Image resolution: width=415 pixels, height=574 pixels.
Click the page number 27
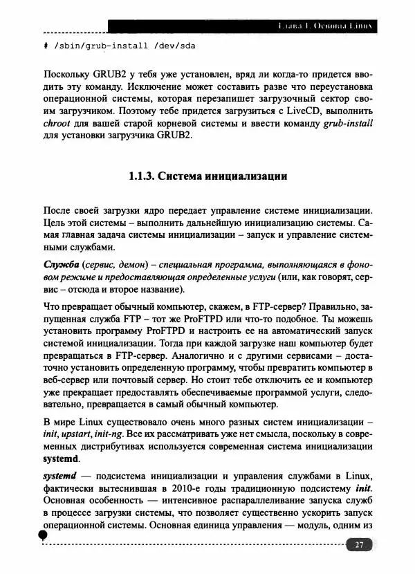coord(359,545)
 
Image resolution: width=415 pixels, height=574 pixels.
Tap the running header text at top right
coord(324,27)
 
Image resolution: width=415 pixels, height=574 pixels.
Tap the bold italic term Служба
coord(61,265)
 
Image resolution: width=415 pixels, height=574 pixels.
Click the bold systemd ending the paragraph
coord(62,459)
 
